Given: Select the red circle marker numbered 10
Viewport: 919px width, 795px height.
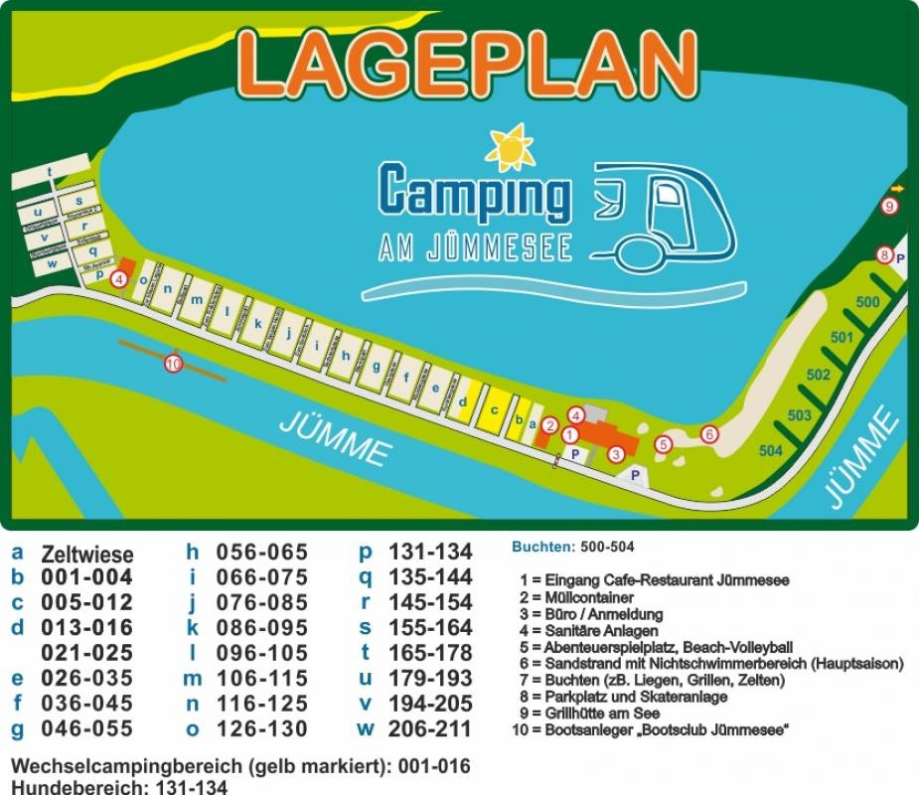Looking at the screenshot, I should pos(174,364).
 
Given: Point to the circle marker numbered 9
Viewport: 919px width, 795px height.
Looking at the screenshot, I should pos(890,207).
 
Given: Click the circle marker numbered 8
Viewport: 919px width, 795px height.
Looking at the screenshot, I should pos(884,254).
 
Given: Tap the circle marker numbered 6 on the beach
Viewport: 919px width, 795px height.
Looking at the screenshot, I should pos(708,434).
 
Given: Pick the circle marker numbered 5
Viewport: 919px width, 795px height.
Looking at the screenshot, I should pos(664,445).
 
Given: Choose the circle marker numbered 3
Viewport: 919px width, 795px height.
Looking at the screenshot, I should pos(616,454).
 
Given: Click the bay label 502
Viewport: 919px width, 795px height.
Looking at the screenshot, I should pos(819,375).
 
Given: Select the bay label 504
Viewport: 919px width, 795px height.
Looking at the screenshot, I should pos(771,451).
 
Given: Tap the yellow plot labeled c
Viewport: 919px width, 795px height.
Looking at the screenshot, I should pos(493,409).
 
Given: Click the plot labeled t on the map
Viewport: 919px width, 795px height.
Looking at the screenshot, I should pos(49,172).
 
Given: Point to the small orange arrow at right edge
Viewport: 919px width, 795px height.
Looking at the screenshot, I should pos(898,188).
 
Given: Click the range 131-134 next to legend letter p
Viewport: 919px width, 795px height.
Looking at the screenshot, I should pos(430,553).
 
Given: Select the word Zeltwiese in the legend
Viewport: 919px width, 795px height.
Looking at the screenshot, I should pos(86,555).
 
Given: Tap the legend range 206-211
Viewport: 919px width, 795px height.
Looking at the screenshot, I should pos(430,728).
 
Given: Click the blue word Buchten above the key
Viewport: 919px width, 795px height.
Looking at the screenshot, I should pos(542,547).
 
